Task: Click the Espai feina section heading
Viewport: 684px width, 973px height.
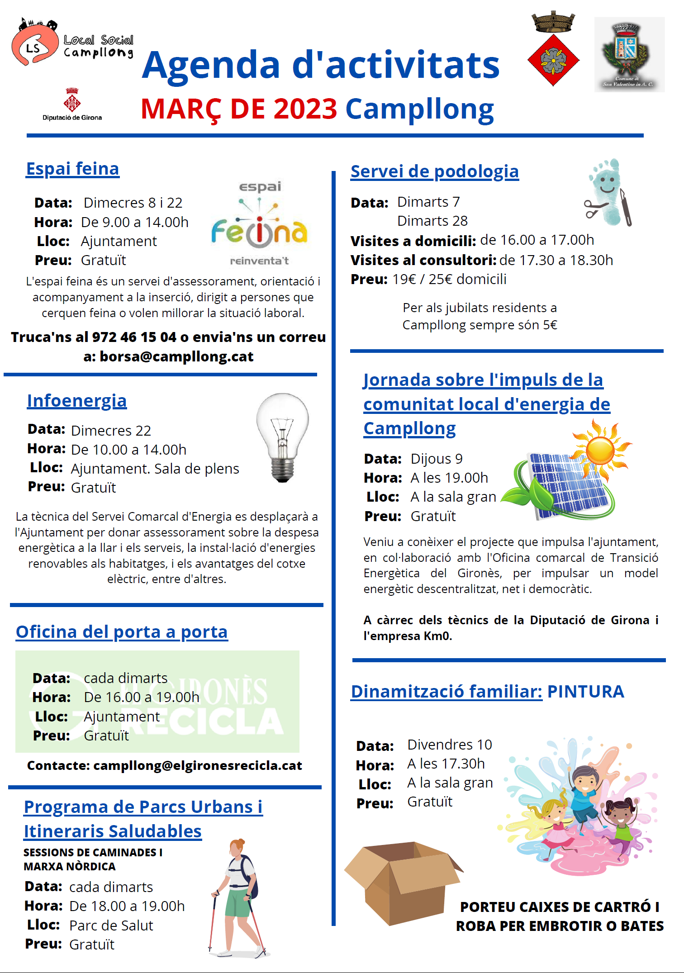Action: [x=72, y=169]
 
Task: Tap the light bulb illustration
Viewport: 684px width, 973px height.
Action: [x=283, y=437]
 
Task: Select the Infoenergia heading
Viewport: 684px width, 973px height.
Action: [x=77, y=401]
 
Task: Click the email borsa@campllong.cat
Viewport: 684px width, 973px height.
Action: [x=176, y=356]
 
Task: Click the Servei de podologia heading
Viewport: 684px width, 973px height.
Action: [x=434, y=171]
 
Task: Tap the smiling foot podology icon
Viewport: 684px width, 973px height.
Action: [x=608, y=192]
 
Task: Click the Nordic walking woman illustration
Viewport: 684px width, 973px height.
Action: [x=237, y=898]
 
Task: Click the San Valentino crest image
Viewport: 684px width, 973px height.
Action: [x=629, y=54]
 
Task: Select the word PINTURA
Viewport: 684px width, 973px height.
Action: [x=585, y=692]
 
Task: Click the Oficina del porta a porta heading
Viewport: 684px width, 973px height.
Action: [x=122, y=632]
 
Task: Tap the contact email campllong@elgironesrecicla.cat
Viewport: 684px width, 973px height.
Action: [x=197, y=765]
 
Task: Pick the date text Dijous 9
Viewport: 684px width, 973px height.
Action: [x=437, y=459]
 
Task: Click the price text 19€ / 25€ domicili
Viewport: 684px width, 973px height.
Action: [x=449, y=279]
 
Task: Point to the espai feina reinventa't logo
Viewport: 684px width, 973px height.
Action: [x=259, y=224]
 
